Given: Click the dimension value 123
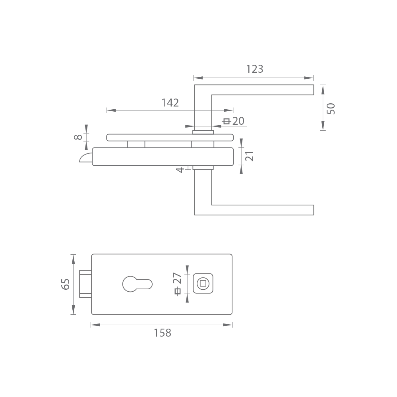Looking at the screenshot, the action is [x=255, y=69].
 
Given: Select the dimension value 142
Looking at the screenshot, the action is [x=170, y=103].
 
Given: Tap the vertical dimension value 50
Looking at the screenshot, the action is [x=331, y=108].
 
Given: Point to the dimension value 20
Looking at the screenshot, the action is [x=238, y=121].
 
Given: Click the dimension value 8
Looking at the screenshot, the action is [x=78, y=137].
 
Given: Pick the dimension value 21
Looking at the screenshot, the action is [x=250, y=156].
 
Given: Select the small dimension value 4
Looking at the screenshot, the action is [x=180, y=170].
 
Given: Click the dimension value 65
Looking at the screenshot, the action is [x=65, y=284].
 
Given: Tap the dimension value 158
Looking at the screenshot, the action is [x=163, y=333].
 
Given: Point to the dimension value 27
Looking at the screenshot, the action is [x=177, y=278].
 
